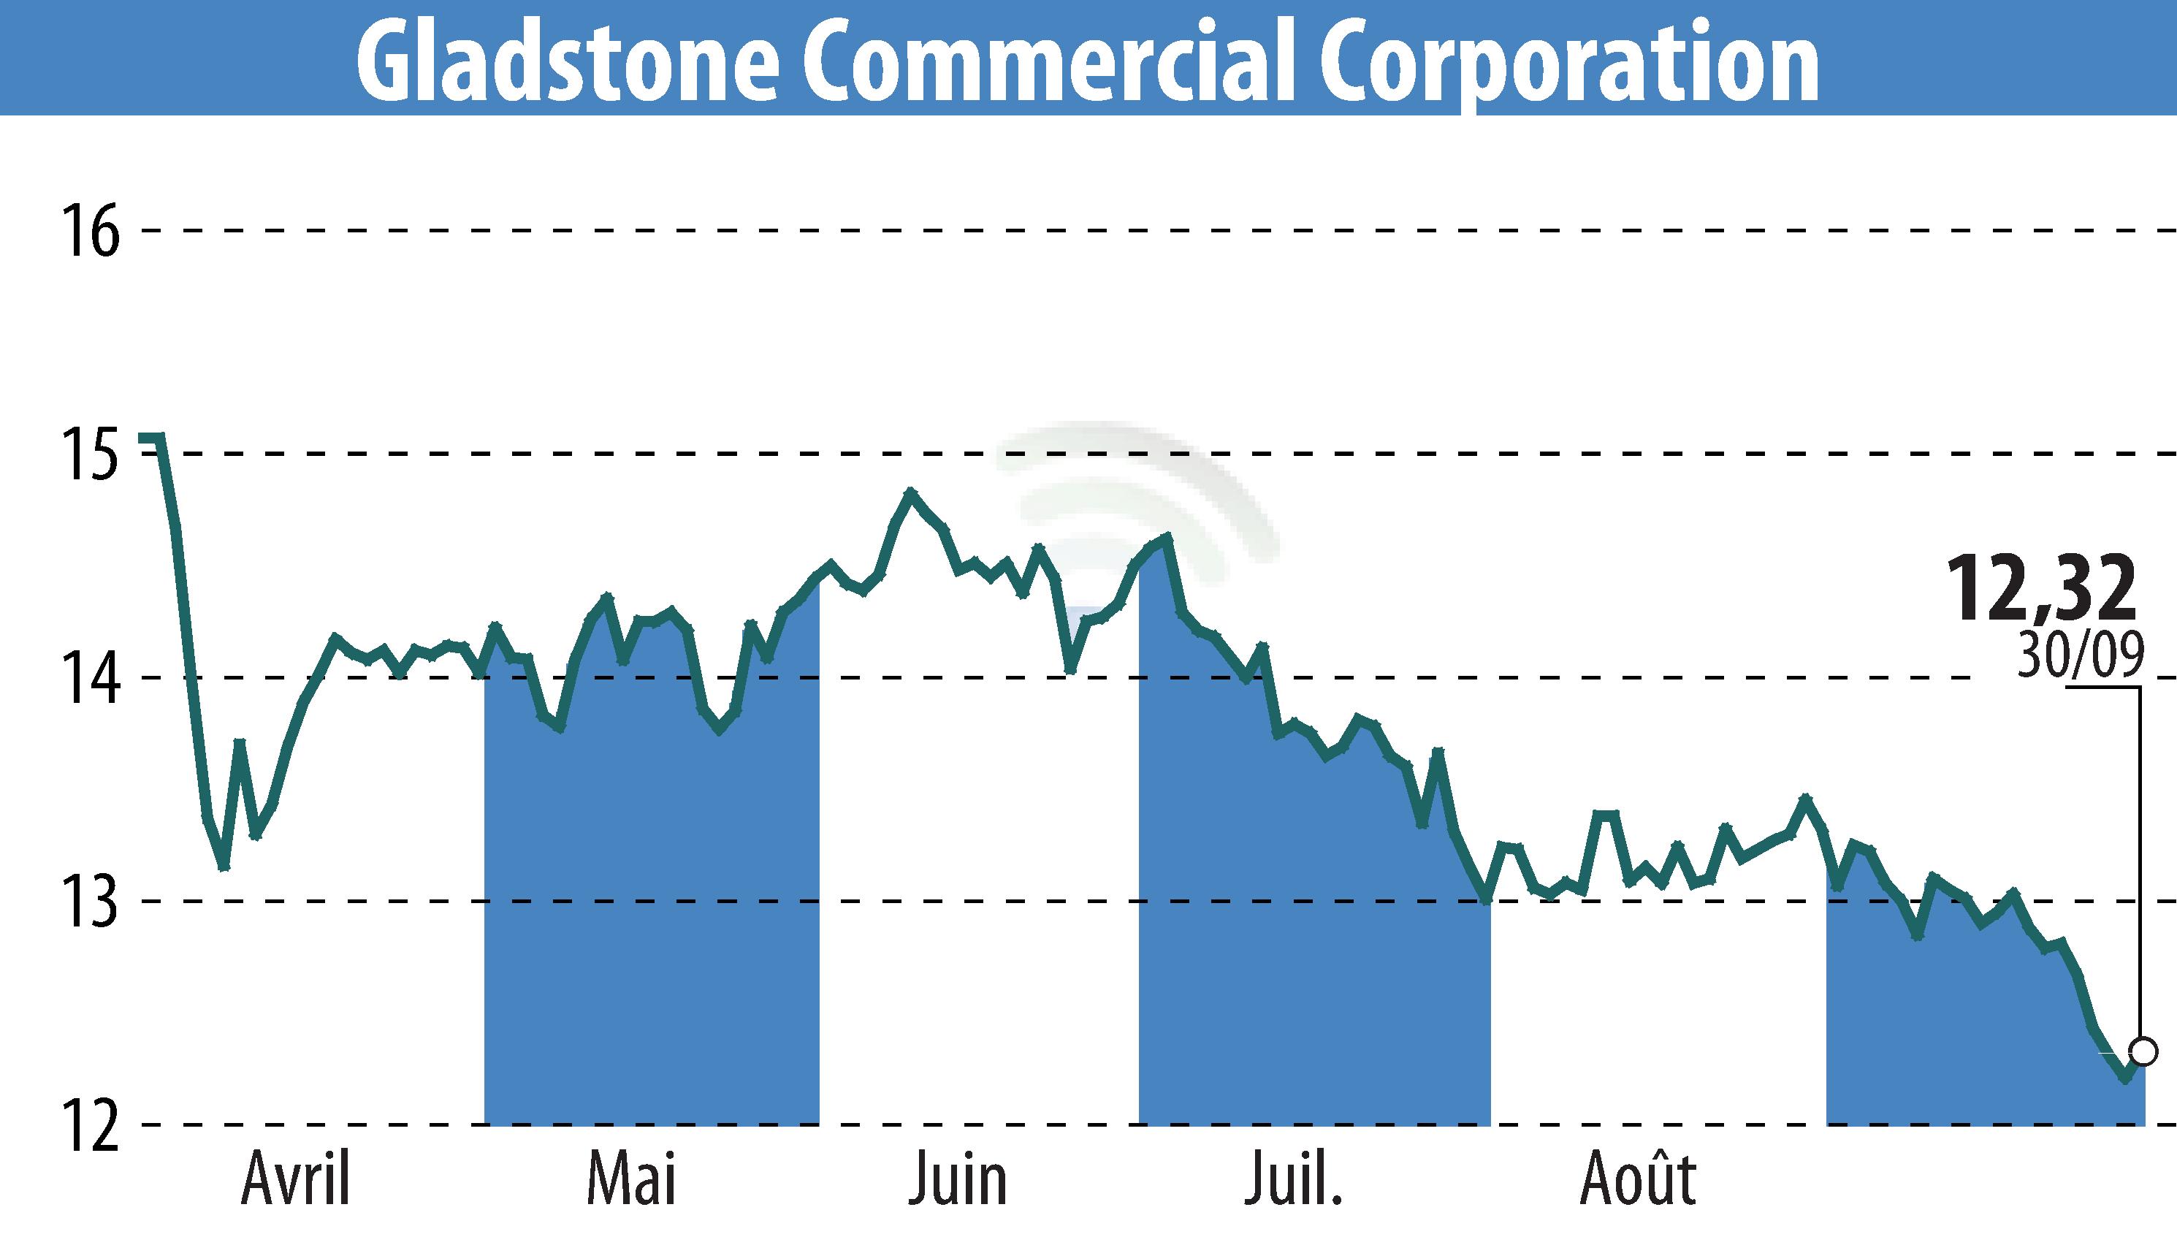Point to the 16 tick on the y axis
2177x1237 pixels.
pos(90,231)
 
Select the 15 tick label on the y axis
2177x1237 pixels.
pos(90,455)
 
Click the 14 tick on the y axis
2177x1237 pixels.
pos(90,679)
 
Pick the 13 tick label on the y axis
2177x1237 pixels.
pos(90,902)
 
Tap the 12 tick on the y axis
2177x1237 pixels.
pos(90,1126)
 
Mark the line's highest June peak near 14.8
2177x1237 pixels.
pos(910,492)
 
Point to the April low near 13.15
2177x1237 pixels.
pos(224,867)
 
